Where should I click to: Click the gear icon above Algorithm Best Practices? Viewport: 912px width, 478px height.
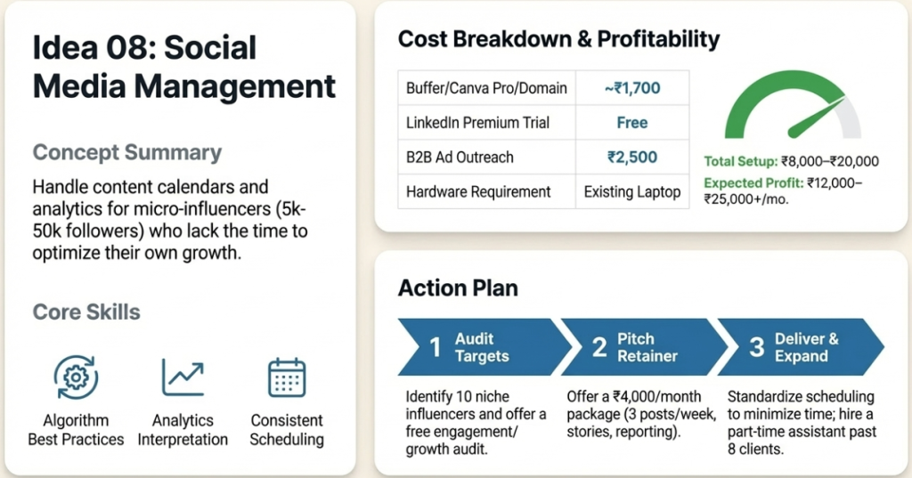76,377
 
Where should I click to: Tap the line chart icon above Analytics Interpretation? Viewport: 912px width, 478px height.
183,377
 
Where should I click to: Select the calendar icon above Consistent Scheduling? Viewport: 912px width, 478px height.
287,377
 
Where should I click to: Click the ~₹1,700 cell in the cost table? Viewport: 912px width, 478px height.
631,88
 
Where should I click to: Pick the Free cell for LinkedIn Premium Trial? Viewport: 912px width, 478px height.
631,123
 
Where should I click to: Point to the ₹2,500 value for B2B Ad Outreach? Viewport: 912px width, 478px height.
631,158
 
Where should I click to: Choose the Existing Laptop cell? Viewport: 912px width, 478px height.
631,191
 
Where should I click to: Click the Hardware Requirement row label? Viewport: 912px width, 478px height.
478,191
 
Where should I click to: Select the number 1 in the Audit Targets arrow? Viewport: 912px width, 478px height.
436,348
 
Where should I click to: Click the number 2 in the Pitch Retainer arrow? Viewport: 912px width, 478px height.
599,348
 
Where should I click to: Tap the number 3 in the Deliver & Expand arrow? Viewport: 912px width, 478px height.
756,348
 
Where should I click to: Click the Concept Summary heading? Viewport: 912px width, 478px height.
126,152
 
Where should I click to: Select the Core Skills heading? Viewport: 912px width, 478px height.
86,312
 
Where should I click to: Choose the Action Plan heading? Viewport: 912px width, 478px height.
458,288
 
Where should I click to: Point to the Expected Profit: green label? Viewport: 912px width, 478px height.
753,182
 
